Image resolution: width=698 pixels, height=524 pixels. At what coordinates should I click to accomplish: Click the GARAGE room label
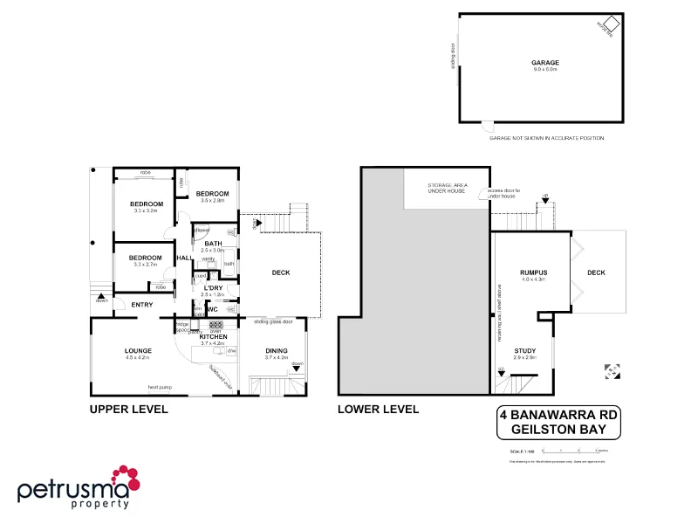[x=545, y=63]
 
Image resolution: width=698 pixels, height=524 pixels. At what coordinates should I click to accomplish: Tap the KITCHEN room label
[x=213, y=336]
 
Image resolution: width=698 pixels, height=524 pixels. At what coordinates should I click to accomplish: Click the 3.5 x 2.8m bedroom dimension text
[x=212, y=201]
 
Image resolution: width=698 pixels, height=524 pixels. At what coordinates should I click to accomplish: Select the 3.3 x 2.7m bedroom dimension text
[x=145, y=265]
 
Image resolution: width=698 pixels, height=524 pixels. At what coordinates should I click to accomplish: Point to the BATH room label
[x=213, y=244]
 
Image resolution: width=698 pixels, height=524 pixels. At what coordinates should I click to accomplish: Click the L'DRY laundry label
[x=213, y=287]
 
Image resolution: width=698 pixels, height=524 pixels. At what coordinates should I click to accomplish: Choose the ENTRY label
[x=141, y=305]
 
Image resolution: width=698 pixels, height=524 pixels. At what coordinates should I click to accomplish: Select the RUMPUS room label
[x=532, y=272]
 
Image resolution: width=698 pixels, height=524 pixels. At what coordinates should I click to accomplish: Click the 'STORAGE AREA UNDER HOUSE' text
[x=446, y=190]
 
